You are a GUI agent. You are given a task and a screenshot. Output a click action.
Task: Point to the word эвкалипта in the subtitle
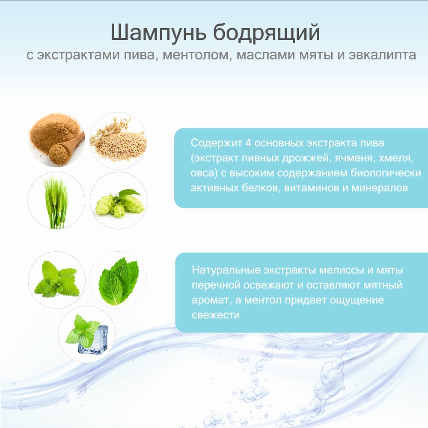382,55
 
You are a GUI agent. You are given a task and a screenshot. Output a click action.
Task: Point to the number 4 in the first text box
248,143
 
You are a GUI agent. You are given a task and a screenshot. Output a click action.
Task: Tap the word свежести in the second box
216,315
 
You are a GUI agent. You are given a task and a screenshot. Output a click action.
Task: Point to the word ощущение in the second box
357,300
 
